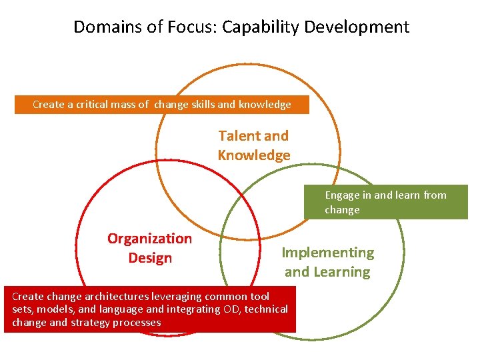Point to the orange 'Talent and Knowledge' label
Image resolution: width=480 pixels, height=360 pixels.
click(x=254, y=145)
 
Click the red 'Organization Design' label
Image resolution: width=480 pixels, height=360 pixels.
click(x=149, y=248)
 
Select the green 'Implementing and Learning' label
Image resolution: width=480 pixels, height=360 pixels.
click(x=327, y=262)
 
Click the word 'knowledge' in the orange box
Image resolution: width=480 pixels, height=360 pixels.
click(x=265, y=105)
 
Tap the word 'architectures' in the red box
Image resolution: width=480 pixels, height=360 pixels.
click(x=105, y=297)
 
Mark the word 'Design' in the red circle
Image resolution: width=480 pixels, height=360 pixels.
click(x=150, y=258)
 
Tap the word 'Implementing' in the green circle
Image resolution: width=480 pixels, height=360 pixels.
click(x=327, y=253)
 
